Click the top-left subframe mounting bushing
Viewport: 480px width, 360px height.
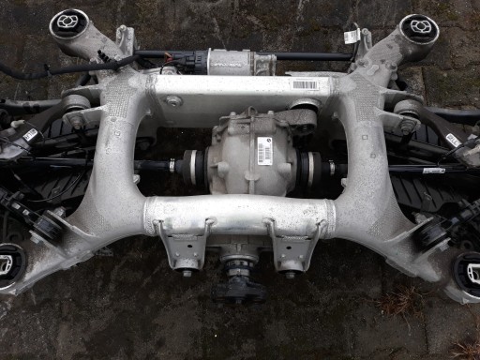point(68,22)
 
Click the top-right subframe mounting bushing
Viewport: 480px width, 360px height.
point(416,27)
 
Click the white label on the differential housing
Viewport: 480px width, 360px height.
point(265,152)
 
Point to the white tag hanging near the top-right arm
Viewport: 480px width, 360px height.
point(352,37)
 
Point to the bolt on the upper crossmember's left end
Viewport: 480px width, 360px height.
point(172,100)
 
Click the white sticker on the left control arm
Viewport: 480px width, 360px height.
point(30,135)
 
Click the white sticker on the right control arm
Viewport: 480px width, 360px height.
point(453,140)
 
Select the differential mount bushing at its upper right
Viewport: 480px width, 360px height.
point(300,119)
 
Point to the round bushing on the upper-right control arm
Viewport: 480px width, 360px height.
point(406,106)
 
